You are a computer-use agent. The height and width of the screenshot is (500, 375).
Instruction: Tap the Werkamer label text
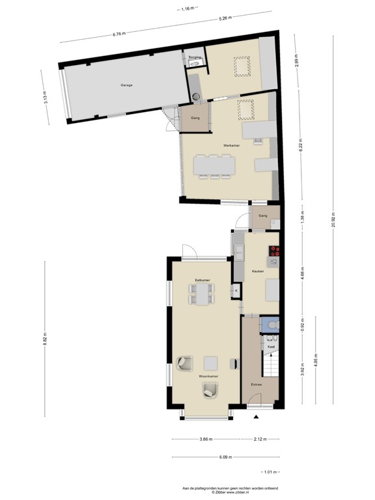[231, 145]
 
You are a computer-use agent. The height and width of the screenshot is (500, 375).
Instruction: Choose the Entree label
[257, 385]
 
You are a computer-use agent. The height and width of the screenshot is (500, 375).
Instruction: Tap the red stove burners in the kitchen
[274, 251]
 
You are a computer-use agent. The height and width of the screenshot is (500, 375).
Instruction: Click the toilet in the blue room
[271, 324]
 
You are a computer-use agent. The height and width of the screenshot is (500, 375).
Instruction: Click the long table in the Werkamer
[214, 165]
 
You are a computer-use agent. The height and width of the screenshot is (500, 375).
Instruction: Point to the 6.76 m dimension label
[119, 33]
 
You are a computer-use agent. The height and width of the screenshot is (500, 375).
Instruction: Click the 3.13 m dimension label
[46, 98]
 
